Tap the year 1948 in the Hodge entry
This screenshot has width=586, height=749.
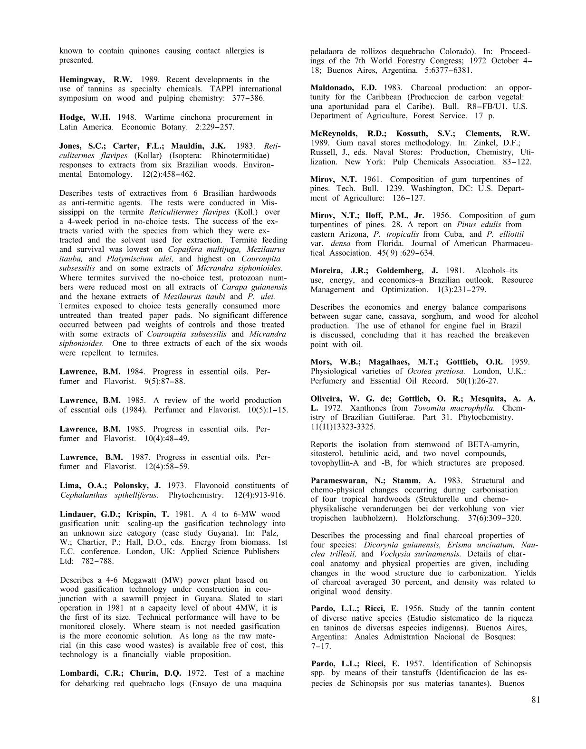(x=122, y=117)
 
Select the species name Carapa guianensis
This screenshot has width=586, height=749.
(x=254, y=288)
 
